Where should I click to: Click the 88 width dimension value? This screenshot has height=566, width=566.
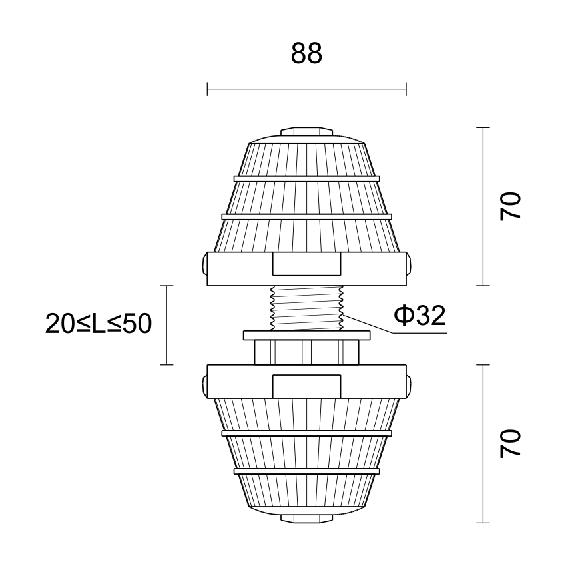(306, 53)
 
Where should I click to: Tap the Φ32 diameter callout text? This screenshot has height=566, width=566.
(420, 315)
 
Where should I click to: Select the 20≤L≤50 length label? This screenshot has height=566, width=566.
(98, 324)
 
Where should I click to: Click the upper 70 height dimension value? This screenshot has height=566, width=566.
(510, 206)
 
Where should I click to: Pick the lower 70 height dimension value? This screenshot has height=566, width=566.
(510, 443)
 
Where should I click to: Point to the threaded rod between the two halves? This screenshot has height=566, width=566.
(306, 308)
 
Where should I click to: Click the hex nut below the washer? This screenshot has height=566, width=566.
(306, 352)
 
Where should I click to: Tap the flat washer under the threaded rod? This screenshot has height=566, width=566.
(306, 336)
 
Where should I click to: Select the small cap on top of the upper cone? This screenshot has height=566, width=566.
(306, 131)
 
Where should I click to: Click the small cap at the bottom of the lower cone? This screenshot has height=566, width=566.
(306, 519)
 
